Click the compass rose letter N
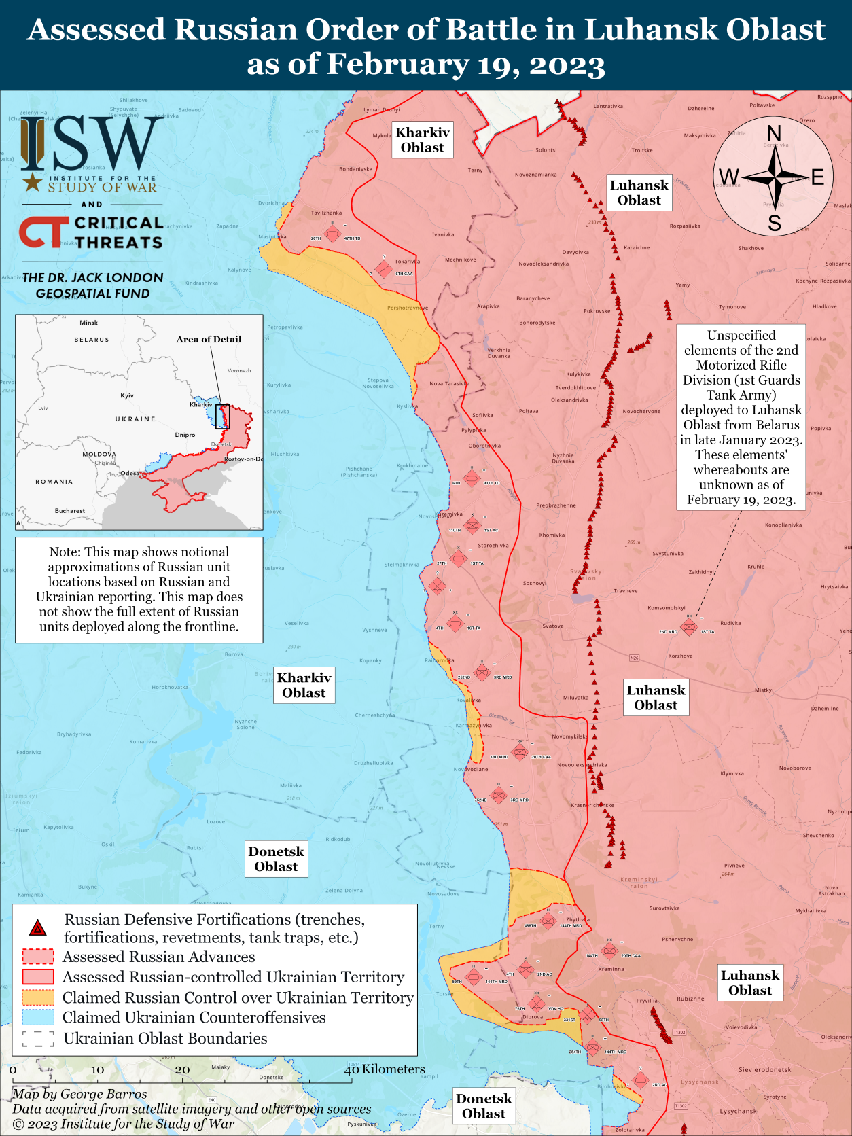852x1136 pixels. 773,133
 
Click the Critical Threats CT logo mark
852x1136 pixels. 43,232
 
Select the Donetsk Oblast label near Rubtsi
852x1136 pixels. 276,859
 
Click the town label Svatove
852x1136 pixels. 553,626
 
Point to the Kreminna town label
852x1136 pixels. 611,969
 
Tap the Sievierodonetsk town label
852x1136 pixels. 764,1069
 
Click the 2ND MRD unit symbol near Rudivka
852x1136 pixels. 689,626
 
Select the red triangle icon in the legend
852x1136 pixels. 38,928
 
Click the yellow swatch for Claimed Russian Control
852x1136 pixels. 38,997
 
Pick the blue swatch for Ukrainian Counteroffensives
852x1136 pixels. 38,1018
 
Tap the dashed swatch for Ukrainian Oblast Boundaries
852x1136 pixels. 38,1038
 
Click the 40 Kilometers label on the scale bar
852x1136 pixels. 385,1069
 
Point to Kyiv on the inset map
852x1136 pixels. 127,395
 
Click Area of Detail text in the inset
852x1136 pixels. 209,339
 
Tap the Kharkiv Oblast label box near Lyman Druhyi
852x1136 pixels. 423,140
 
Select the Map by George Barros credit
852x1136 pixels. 79,1094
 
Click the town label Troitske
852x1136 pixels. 642,150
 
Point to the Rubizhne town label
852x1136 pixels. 690,999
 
